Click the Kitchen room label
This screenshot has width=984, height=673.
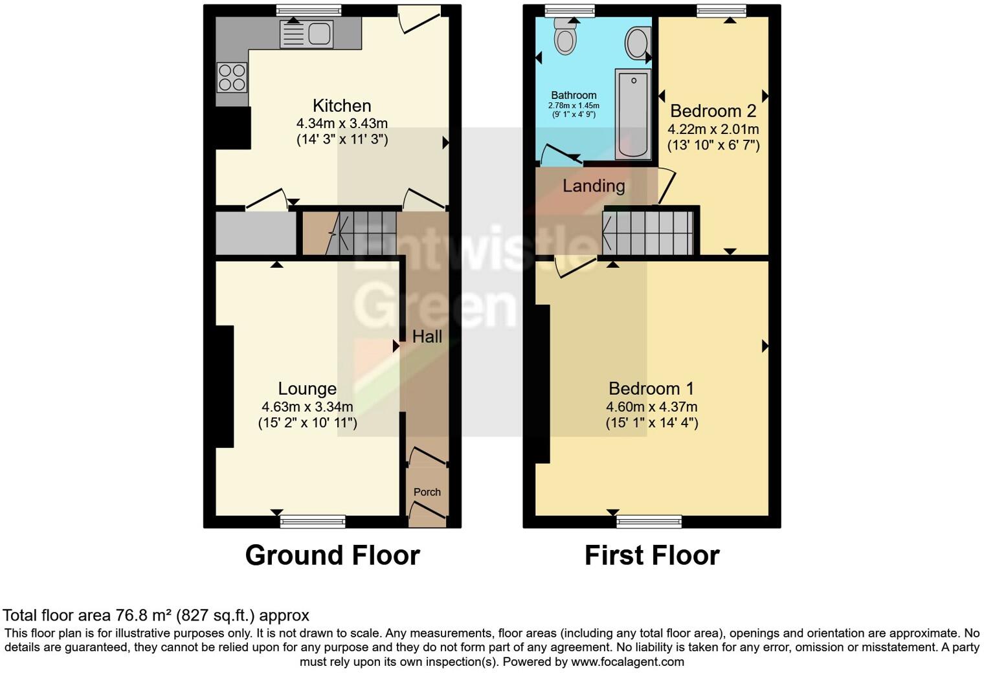click(342, 105)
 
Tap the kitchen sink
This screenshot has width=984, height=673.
click(306, 34)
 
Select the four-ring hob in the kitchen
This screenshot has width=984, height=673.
click(232, 77)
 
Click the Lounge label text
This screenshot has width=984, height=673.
click(307, 388)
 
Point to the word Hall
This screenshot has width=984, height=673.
click(427, 336)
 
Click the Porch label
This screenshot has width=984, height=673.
click(427, 492)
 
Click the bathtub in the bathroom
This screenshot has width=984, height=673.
click(633, 114)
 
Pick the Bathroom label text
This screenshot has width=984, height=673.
click(574, 95)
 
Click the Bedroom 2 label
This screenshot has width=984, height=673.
click(713, 111)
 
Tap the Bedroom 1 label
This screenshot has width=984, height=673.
click(651, 388)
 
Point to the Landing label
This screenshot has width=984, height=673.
click(594, 186)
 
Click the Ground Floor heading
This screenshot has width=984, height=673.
click(332, 555)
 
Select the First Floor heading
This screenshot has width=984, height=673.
click(652, 555)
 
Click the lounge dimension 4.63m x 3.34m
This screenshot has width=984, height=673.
click(307, 407)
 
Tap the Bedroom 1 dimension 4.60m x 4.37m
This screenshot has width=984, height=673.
click(651, 407)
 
